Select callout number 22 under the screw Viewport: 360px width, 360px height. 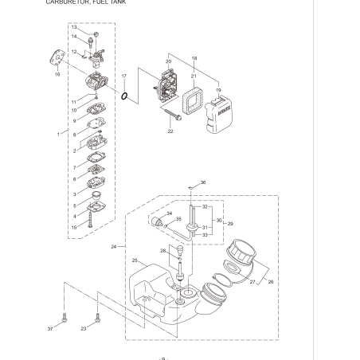click(x=170, y=131)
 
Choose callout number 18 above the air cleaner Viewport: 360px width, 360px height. click(x=194, y=59)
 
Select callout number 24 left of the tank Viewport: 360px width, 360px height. click(x=114, y=247)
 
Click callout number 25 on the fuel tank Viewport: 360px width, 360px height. click(x=135, y=260)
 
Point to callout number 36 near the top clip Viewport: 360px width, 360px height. click(x=202, y=182)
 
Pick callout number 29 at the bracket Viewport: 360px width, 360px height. click(x=230, y=224)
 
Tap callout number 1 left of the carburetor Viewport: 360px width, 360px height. click(x=58, y=135)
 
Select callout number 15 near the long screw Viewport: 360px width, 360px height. click(x=74, y=227)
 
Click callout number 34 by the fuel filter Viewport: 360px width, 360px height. click(x=169, y=213)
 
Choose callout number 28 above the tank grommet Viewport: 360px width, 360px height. click(x=162, y=250)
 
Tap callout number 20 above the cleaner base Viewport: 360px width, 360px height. click(x=168, y=62)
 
